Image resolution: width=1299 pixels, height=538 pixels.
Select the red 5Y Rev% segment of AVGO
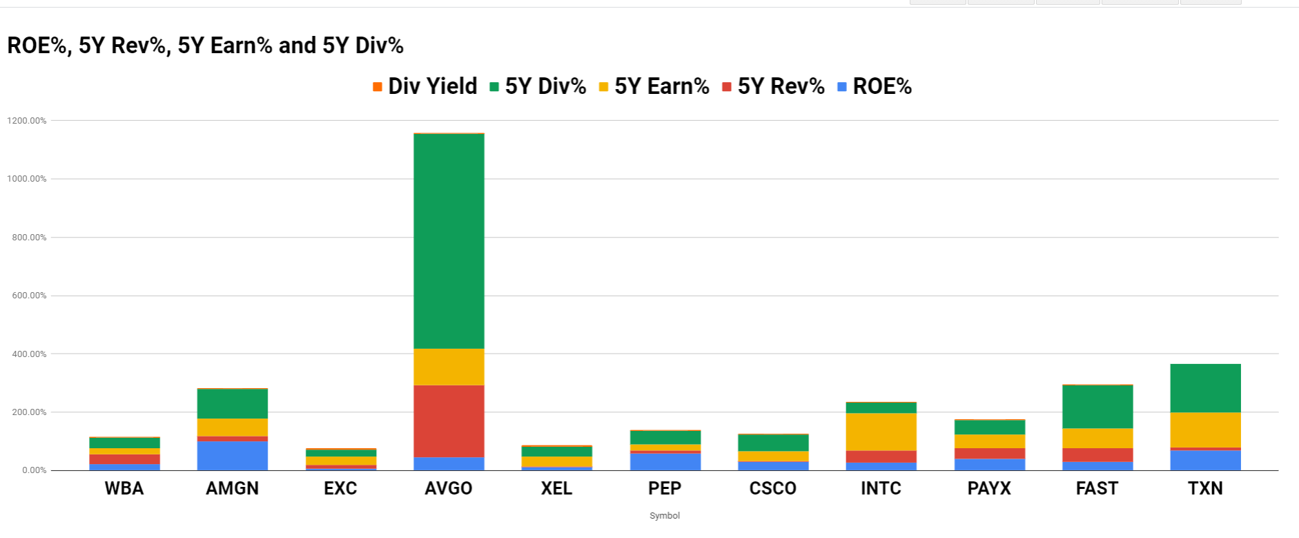click(x=449, y=421)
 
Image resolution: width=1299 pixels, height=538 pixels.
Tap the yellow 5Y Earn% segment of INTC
click(x=881, y=432)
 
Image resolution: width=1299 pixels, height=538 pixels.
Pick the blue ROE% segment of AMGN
click(x=233, y=456)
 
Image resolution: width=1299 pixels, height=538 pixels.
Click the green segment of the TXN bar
click(x=1205, y=388)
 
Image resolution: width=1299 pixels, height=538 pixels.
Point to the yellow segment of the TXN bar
click(x=1205, y=430)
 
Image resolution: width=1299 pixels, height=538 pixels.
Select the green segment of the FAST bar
click(x=1097, y=407)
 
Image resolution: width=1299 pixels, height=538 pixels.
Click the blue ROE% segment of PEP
click(x=665, y=461)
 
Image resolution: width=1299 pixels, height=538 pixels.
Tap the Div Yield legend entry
click(x=424, y=86)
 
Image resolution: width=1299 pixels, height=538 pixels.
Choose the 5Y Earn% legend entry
click(x=654, y=86)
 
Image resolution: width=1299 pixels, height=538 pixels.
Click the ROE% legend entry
click(x=875, y=86)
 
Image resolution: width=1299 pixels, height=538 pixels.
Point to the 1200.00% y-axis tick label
click(x=27, y=121)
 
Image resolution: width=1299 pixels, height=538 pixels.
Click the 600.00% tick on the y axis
click(x=29, y=296)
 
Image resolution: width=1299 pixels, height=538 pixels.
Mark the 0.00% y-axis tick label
click(x=34, y=470)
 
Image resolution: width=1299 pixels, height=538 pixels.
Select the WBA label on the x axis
click(x=124, y=488)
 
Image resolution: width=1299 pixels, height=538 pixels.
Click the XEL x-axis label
click(x=556, y=488)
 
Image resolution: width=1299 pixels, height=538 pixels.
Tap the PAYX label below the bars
click(x=989, y=488)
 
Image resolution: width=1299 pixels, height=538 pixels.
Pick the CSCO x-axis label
click(x=773, y=488)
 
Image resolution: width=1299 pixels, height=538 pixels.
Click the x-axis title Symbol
click(x=665, y=516)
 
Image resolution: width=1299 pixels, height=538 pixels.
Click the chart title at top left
click(x=205, y=46)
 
